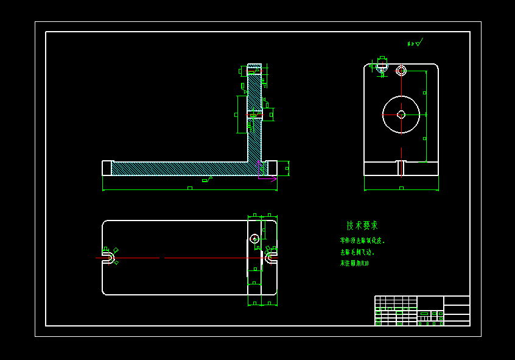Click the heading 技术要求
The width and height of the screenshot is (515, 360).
(x=362, y=225)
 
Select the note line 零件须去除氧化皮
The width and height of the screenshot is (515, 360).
(x=362, y=241)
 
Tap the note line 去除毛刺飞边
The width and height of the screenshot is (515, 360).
(x=357, y=252)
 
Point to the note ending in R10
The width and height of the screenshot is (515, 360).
(x=354, y=264)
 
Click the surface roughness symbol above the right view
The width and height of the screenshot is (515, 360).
(x=416, y=43)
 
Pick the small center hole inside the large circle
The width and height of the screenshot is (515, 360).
(x=401, y=115)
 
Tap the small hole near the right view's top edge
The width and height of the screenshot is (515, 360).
(x=401, y=71)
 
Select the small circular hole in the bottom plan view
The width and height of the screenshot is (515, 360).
(x=254, y=238)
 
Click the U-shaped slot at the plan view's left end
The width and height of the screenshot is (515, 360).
(x=107, y=258)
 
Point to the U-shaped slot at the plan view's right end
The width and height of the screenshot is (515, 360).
(x=272, y=258)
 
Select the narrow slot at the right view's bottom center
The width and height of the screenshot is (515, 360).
(x=401, y=168)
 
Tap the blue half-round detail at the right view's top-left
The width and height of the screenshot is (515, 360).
(x=381, y=69)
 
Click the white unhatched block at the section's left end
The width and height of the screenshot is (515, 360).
(x=107, y=168)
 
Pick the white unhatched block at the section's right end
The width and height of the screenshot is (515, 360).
(x=272, y=168)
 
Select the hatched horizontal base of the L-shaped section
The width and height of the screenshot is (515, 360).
(x=183, y=169)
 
